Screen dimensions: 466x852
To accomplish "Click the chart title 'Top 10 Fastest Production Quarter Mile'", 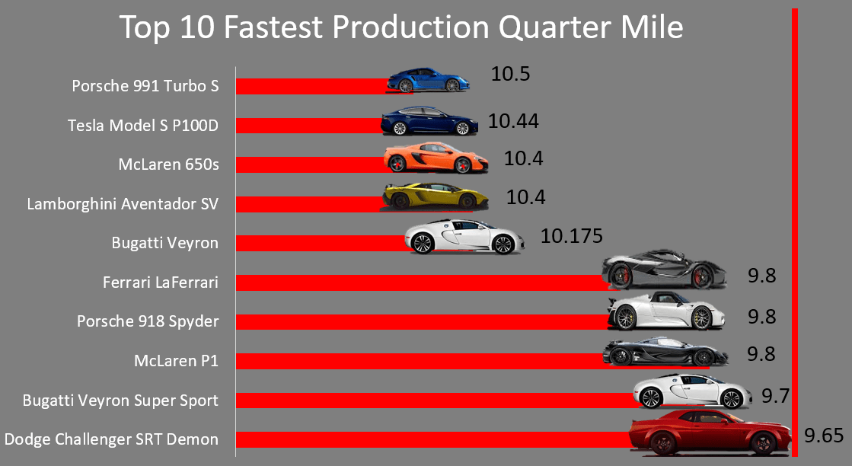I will click(401, 28).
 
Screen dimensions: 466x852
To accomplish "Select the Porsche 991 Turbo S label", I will click(145, 85).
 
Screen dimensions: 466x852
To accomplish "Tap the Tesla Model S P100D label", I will click(143, 125).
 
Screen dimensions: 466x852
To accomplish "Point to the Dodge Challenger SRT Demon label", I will click(111, 439).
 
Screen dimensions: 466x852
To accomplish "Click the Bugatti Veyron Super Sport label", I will click(120, 400).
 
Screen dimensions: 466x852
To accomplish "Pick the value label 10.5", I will click(509, 74).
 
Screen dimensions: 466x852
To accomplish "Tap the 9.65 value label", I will click(824, 436).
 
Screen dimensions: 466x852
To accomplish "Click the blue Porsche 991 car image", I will click(426, 80).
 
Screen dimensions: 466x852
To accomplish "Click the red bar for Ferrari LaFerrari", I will click(419, 283).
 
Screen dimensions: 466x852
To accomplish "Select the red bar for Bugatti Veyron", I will click(320, 244).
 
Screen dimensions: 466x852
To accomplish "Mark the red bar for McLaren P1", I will click(419, 362).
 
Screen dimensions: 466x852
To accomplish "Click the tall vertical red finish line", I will click(794, 228).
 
